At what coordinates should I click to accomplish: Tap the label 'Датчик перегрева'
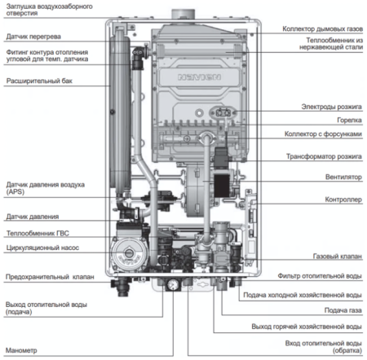(x=33, y=37)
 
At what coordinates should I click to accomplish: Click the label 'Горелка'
(x=347, y=120)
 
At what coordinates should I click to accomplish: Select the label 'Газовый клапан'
(x=338, y=256)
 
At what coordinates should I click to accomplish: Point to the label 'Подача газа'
(x=343, y=310)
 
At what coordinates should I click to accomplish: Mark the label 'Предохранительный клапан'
(x=47, y=277)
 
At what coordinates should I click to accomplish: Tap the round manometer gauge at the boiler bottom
(x=172, y=285)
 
